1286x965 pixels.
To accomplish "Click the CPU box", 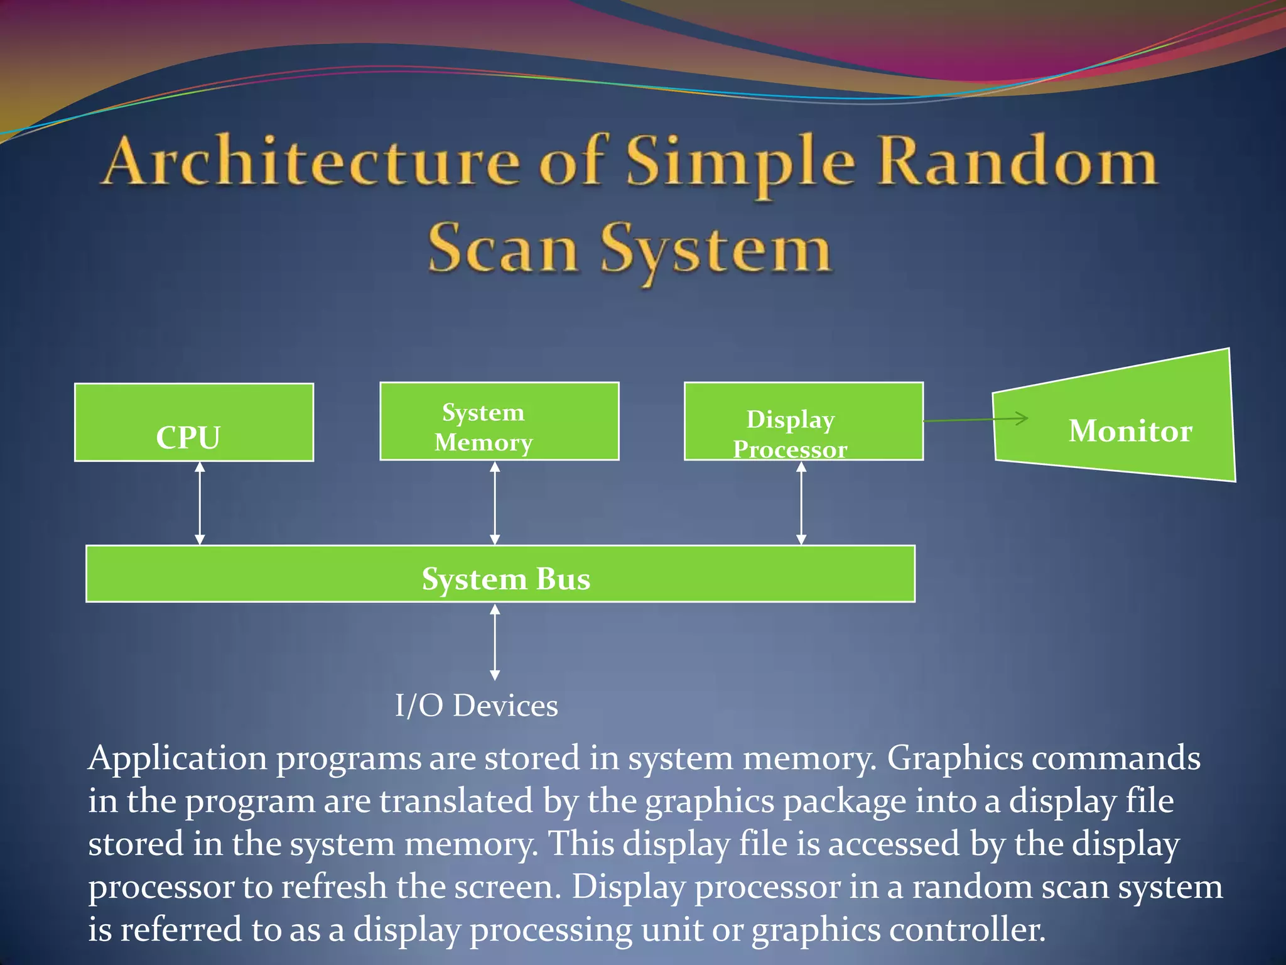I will (x=193, y=422).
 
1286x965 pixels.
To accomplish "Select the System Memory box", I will (x=499, y=421).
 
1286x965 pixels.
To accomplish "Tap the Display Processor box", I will (x=803, y=421).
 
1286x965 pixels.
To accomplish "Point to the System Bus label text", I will (x=505, y=579).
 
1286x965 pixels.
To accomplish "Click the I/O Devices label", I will (x=476, y=706).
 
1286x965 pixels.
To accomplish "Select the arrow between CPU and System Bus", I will (x=200, y=503).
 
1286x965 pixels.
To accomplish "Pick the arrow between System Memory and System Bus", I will (x=495, y=503).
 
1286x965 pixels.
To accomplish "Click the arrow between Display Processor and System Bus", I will (x=801, y=503).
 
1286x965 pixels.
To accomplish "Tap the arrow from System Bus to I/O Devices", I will (x=495, y=642).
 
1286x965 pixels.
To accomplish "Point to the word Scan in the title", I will (x=502, y=249).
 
